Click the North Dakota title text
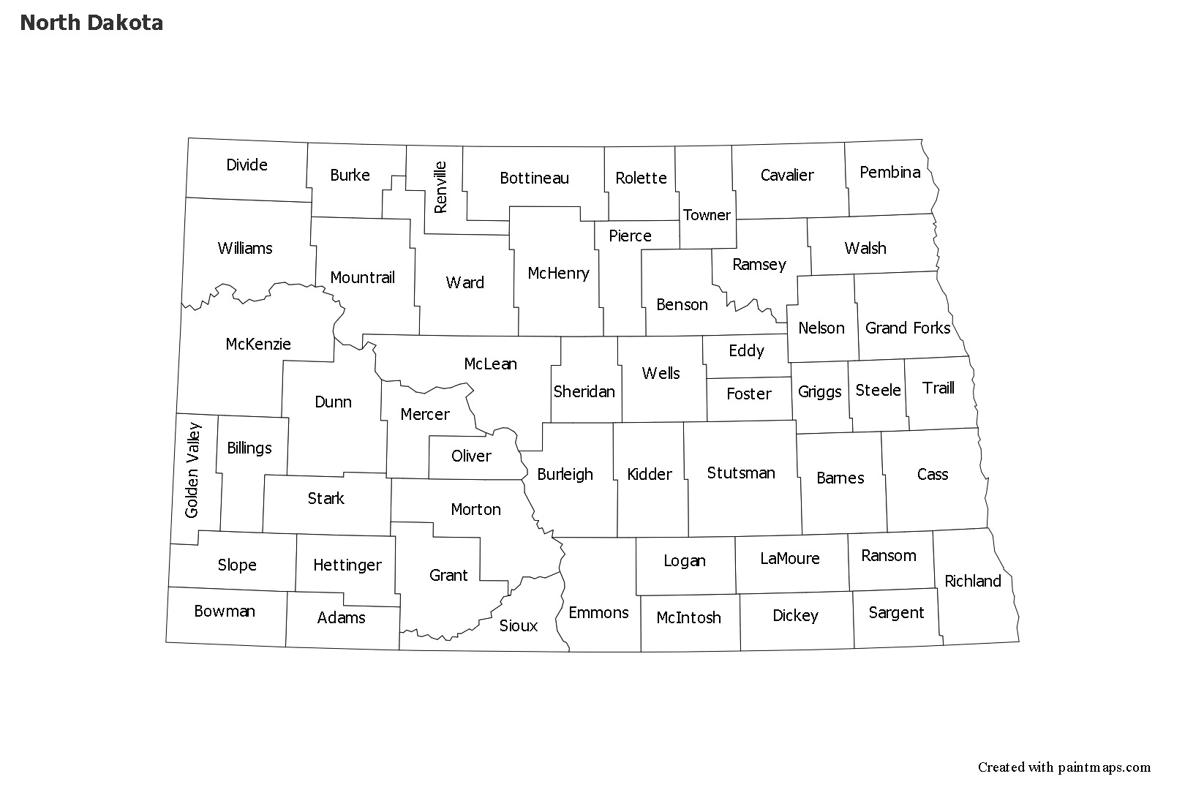pyautogui.click(x=91, y=23)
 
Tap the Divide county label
pyautogui.click(x=247, y=165)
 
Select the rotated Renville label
pyautogui.click(x=440, y=187)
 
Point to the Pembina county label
pyautogui.click(x=889, y=172)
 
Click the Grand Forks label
pyautogui.click(x=908, y=328)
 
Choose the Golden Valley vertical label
pyautogui.click(x=192, y=470)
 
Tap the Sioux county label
pyautogui.click(x=518, y=625)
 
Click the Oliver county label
pyautogui.click(x=471, y=456)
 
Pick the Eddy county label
pyautogui.click(x=746, y=350)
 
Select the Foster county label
pyautogui.click(x=749, y=394)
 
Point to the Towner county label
pyautogui.click(x=707, y=215)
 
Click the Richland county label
pyautogui.click(x=972, y=581)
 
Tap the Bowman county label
pyautogui.click(x=225, y=611)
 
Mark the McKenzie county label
pyautogui.click(x=258, y=344)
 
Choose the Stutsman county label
pyautogui.click(x=741, y=473)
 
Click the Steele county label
pyautogui.click(x=878, y=390)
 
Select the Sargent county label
pyautogui.click(x=896, y=612)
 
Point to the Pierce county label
pyautogui.click(x=630, y=236)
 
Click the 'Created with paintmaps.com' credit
pyautogui.click(x=1064, y=767)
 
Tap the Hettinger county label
pyautogui.click(x=347, y=565)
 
